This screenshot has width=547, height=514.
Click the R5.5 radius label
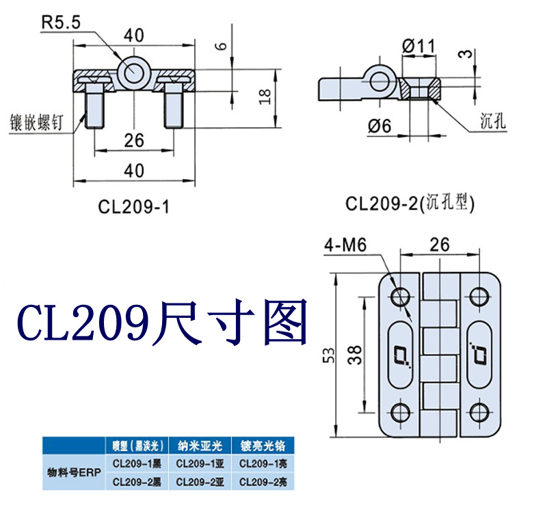tap(62, 22)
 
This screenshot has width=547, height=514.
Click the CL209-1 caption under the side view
tap(133, 206)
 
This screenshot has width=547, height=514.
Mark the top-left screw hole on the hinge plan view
tap(399, 297)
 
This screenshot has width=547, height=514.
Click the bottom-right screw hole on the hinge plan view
tap(479, 412)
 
